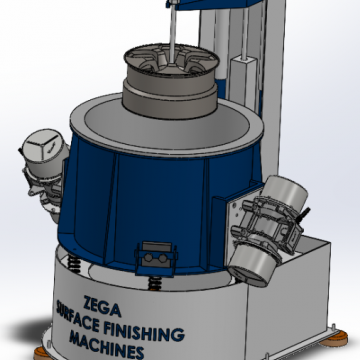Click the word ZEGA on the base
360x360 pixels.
102,306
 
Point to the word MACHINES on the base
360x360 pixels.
107,344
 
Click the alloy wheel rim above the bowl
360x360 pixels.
170,81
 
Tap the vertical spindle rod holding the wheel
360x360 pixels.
172,33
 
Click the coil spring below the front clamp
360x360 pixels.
155,283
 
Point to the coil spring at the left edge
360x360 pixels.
74,263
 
